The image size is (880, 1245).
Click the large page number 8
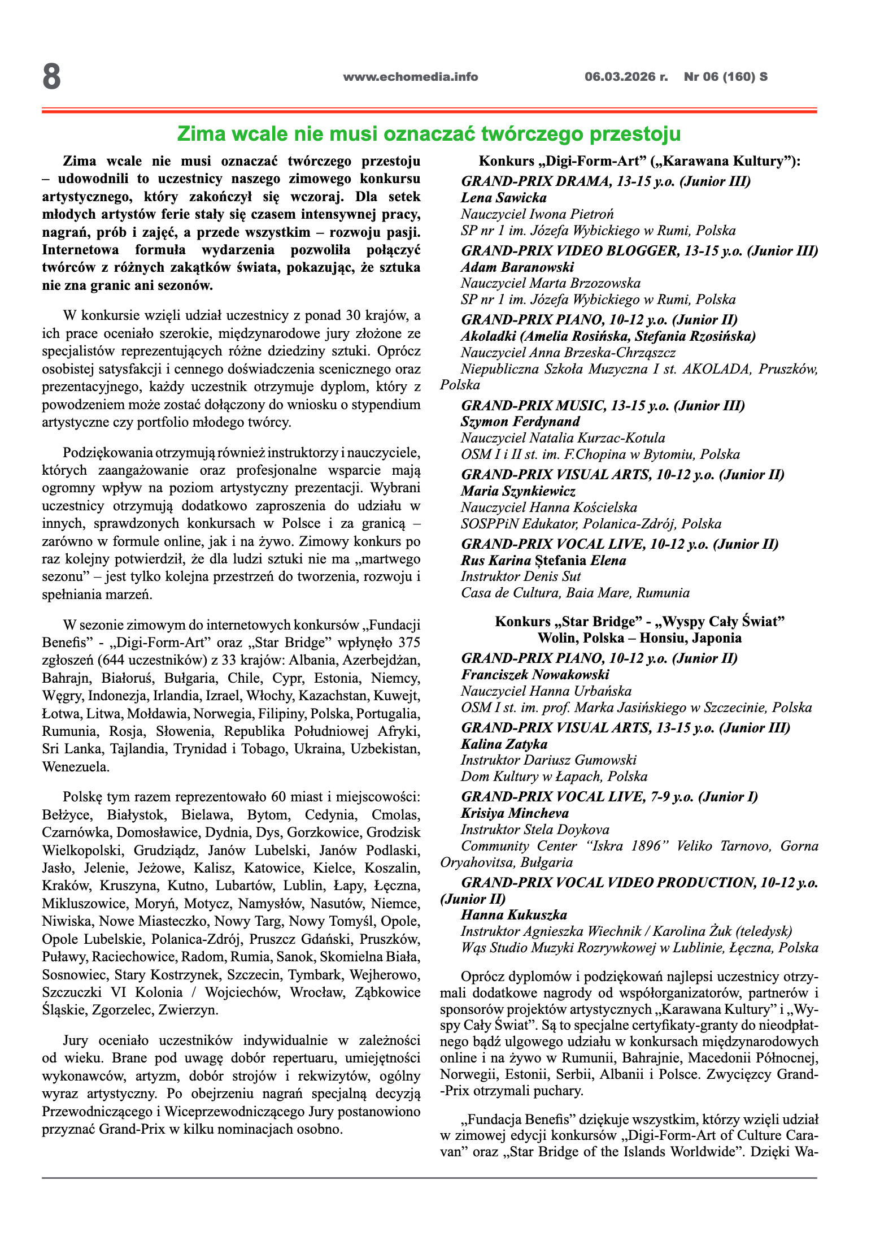(51, 77)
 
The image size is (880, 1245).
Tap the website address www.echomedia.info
(410, 77)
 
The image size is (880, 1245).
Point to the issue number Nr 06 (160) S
(725, 77)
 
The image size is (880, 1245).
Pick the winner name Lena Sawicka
(503, 198)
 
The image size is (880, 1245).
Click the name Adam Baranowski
(517, 267)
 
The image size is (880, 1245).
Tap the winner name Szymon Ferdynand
(520, 422)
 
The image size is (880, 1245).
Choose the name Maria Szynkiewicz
(518, 491)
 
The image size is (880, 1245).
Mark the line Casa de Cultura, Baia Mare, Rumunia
(575, 593)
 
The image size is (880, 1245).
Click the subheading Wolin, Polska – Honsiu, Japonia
(639, 638)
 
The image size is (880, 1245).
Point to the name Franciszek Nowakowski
(535, 675)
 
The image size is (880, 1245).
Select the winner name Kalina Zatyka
(504, 744)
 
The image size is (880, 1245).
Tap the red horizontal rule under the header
(429, 111)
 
